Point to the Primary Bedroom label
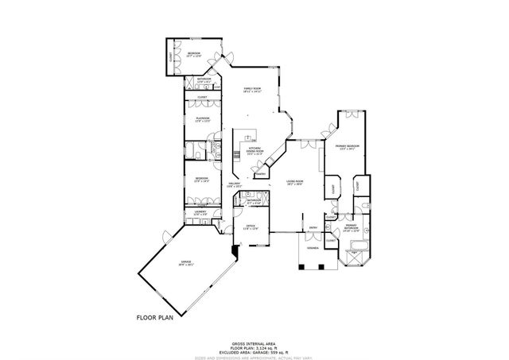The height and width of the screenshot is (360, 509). pyautogui.click(x=348, y=147)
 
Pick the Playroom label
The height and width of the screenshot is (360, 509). pyautogui.click(x=202, y=120)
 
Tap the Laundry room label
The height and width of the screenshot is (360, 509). pyautogui.click(x=200, y=213)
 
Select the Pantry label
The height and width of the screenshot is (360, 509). pyautogui.click(x=259, y=172)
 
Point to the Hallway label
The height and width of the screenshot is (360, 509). pyautogui.click(x=235, y=185)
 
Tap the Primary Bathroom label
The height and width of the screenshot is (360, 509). pyautogui.click(x=351, y=228)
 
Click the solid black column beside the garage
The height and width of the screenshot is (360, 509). pyautogui.click(x=234, y=253)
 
